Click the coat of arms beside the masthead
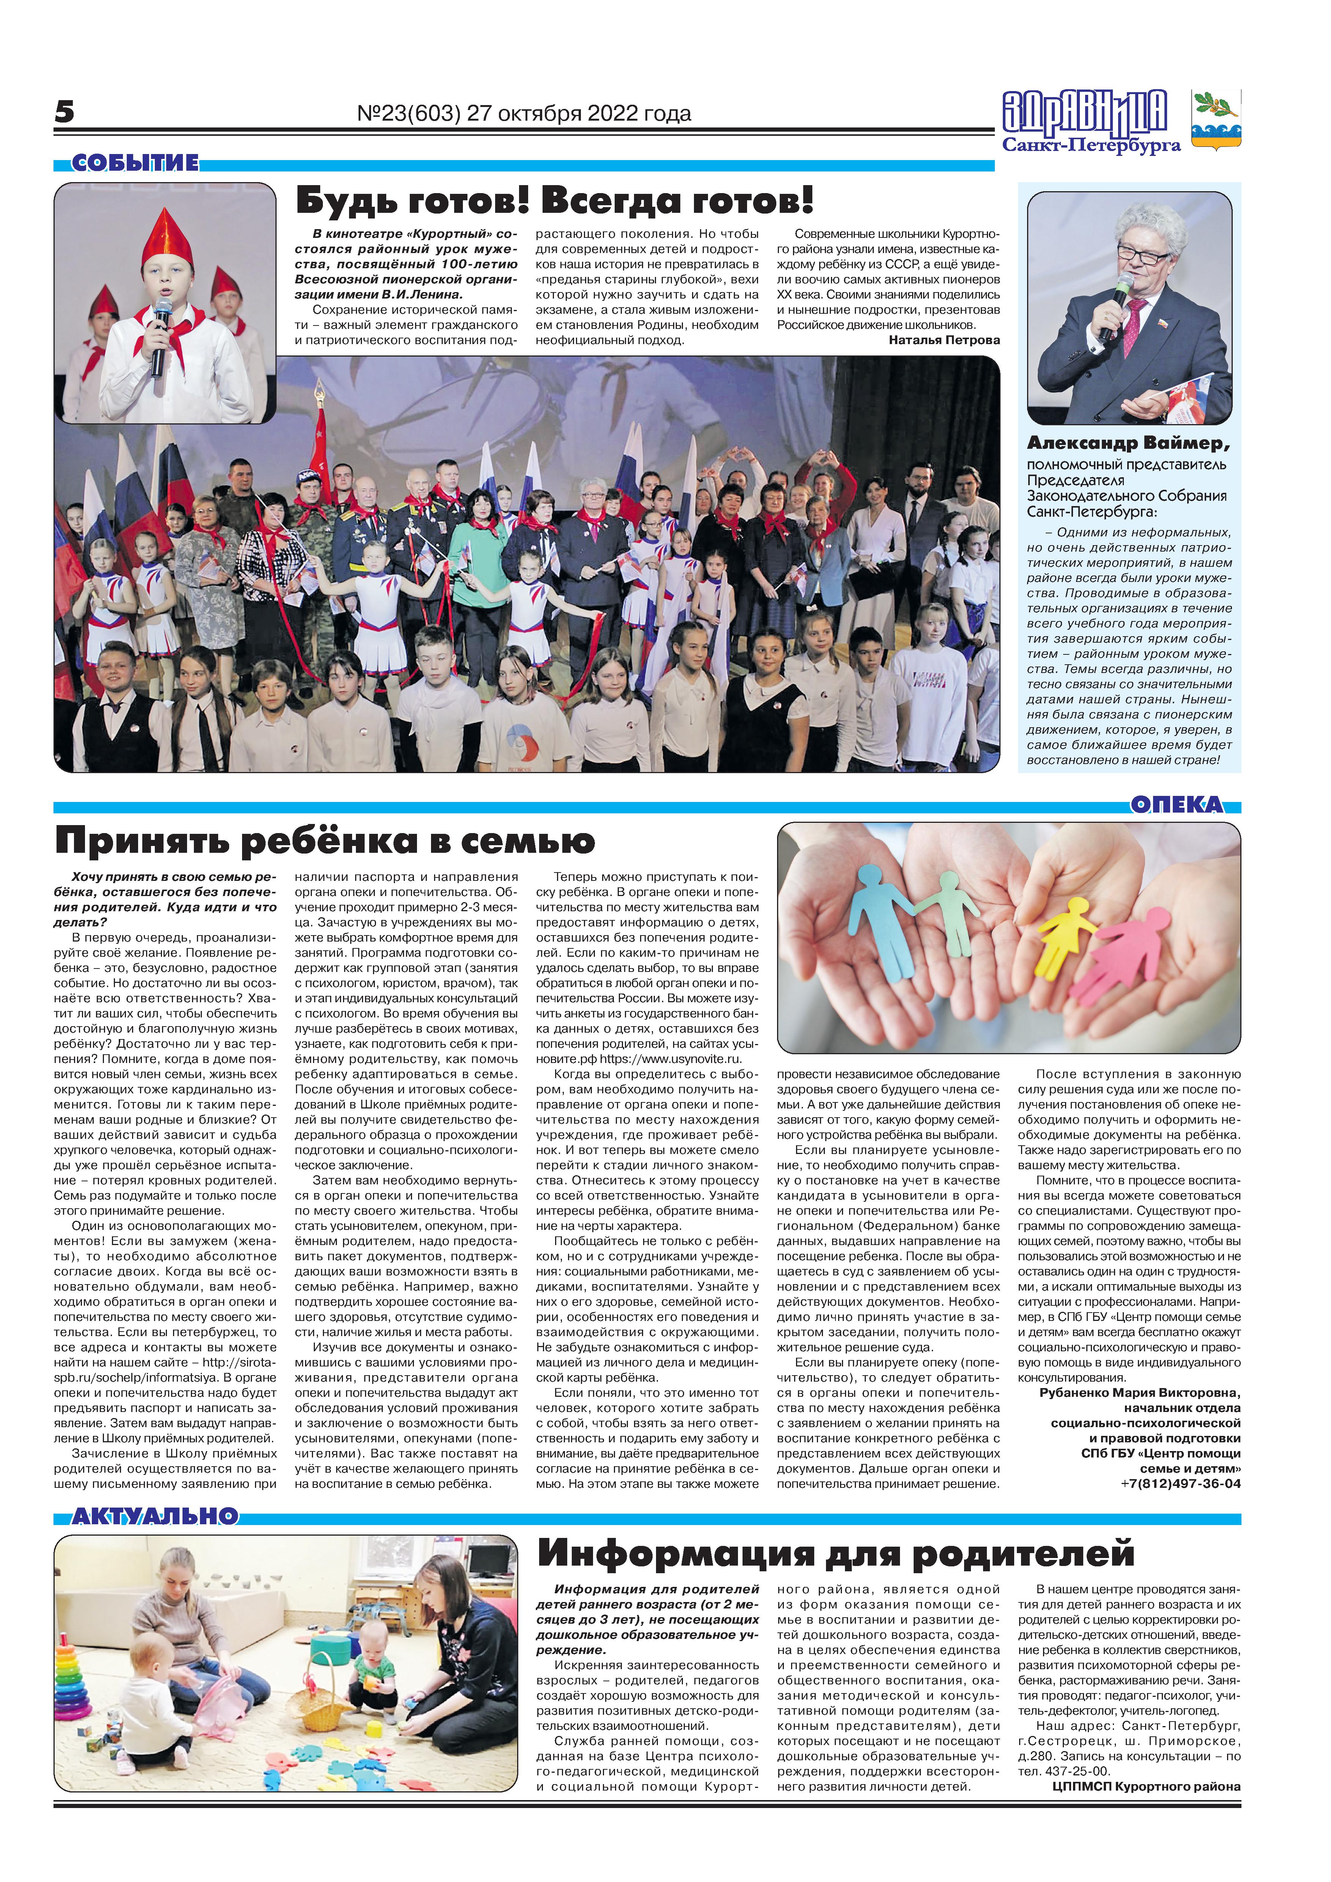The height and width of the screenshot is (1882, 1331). click(1215, 119)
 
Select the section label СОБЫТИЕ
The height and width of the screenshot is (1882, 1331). click(134, 163)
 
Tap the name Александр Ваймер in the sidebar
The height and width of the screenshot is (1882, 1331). click(1128, 443)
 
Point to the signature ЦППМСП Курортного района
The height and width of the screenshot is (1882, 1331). click(1146, 1787)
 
